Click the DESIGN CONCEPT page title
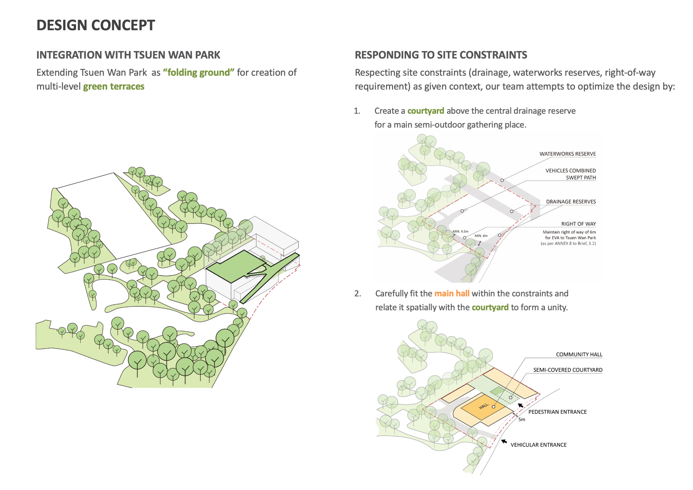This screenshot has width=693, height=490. click(96, 25)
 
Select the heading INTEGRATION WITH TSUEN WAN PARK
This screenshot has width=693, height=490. click(128, 55)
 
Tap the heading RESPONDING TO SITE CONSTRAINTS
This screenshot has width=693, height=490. click(441, 55)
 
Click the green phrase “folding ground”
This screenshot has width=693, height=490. click(198, 72)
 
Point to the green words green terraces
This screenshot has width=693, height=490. click(113, 87)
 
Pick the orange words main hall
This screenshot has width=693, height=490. click(452, 293)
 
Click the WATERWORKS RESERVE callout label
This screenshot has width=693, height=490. click(567, 154)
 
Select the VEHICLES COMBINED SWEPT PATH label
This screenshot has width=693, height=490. click(570, 174)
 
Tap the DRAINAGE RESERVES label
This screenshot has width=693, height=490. click(571, 202)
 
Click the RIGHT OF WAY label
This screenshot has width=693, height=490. click(578, 224)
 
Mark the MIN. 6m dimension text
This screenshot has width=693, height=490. click(481, 236)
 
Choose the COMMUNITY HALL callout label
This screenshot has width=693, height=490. click(579, 354)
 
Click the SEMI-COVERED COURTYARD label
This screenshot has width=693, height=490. click(567, 370)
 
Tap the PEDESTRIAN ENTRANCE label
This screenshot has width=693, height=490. click(557, 412)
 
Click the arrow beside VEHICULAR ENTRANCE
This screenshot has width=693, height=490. click(504, 442)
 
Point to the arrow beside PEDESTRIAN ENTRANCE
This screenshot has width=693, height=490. click(521, 405)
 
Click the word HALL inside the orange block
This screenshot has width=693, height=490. click(483, 406)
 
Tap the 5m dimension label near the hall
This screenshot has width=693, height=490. click(522, 420)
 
